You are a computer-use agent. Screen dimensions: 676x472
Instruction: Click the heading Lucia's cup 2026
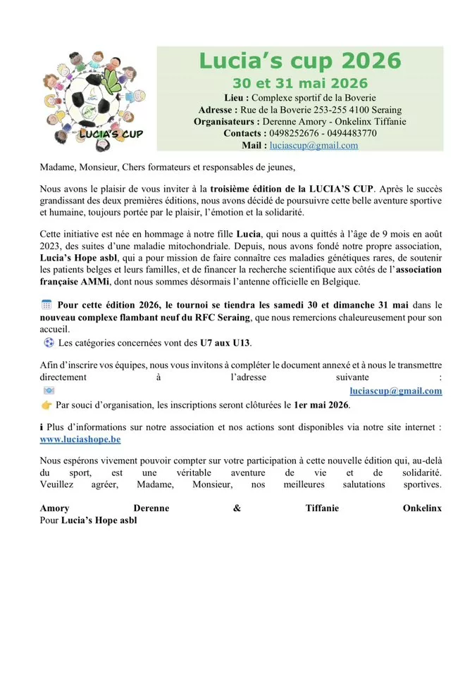point(299,60)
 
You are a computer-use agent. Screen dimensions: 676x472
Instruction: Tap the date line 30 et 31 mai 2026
point(300,84)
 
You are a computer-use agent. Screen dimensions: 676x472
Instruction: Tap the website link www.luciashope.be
point(80,439)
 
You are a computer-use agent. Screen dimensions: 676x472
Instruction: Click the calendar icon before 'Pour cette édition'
point(47,304)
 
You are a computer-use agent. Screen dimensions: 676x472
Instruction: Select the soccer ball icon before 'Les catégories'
point(49,343)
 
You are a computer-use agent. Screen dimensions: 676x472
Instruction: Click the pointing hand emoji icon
point(46,405)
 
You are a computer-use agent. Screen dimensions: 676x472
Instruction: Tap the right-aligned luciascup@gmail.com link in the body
point(396,391)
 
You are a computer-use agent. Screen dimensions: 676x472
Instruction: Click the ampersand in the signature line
point(236,508)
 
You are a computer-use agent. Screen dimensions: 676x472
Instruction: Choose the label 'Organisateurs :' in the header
point(228,121)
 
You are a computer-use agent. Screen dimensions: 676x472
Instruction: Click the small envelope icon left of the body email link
point(48,391)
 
